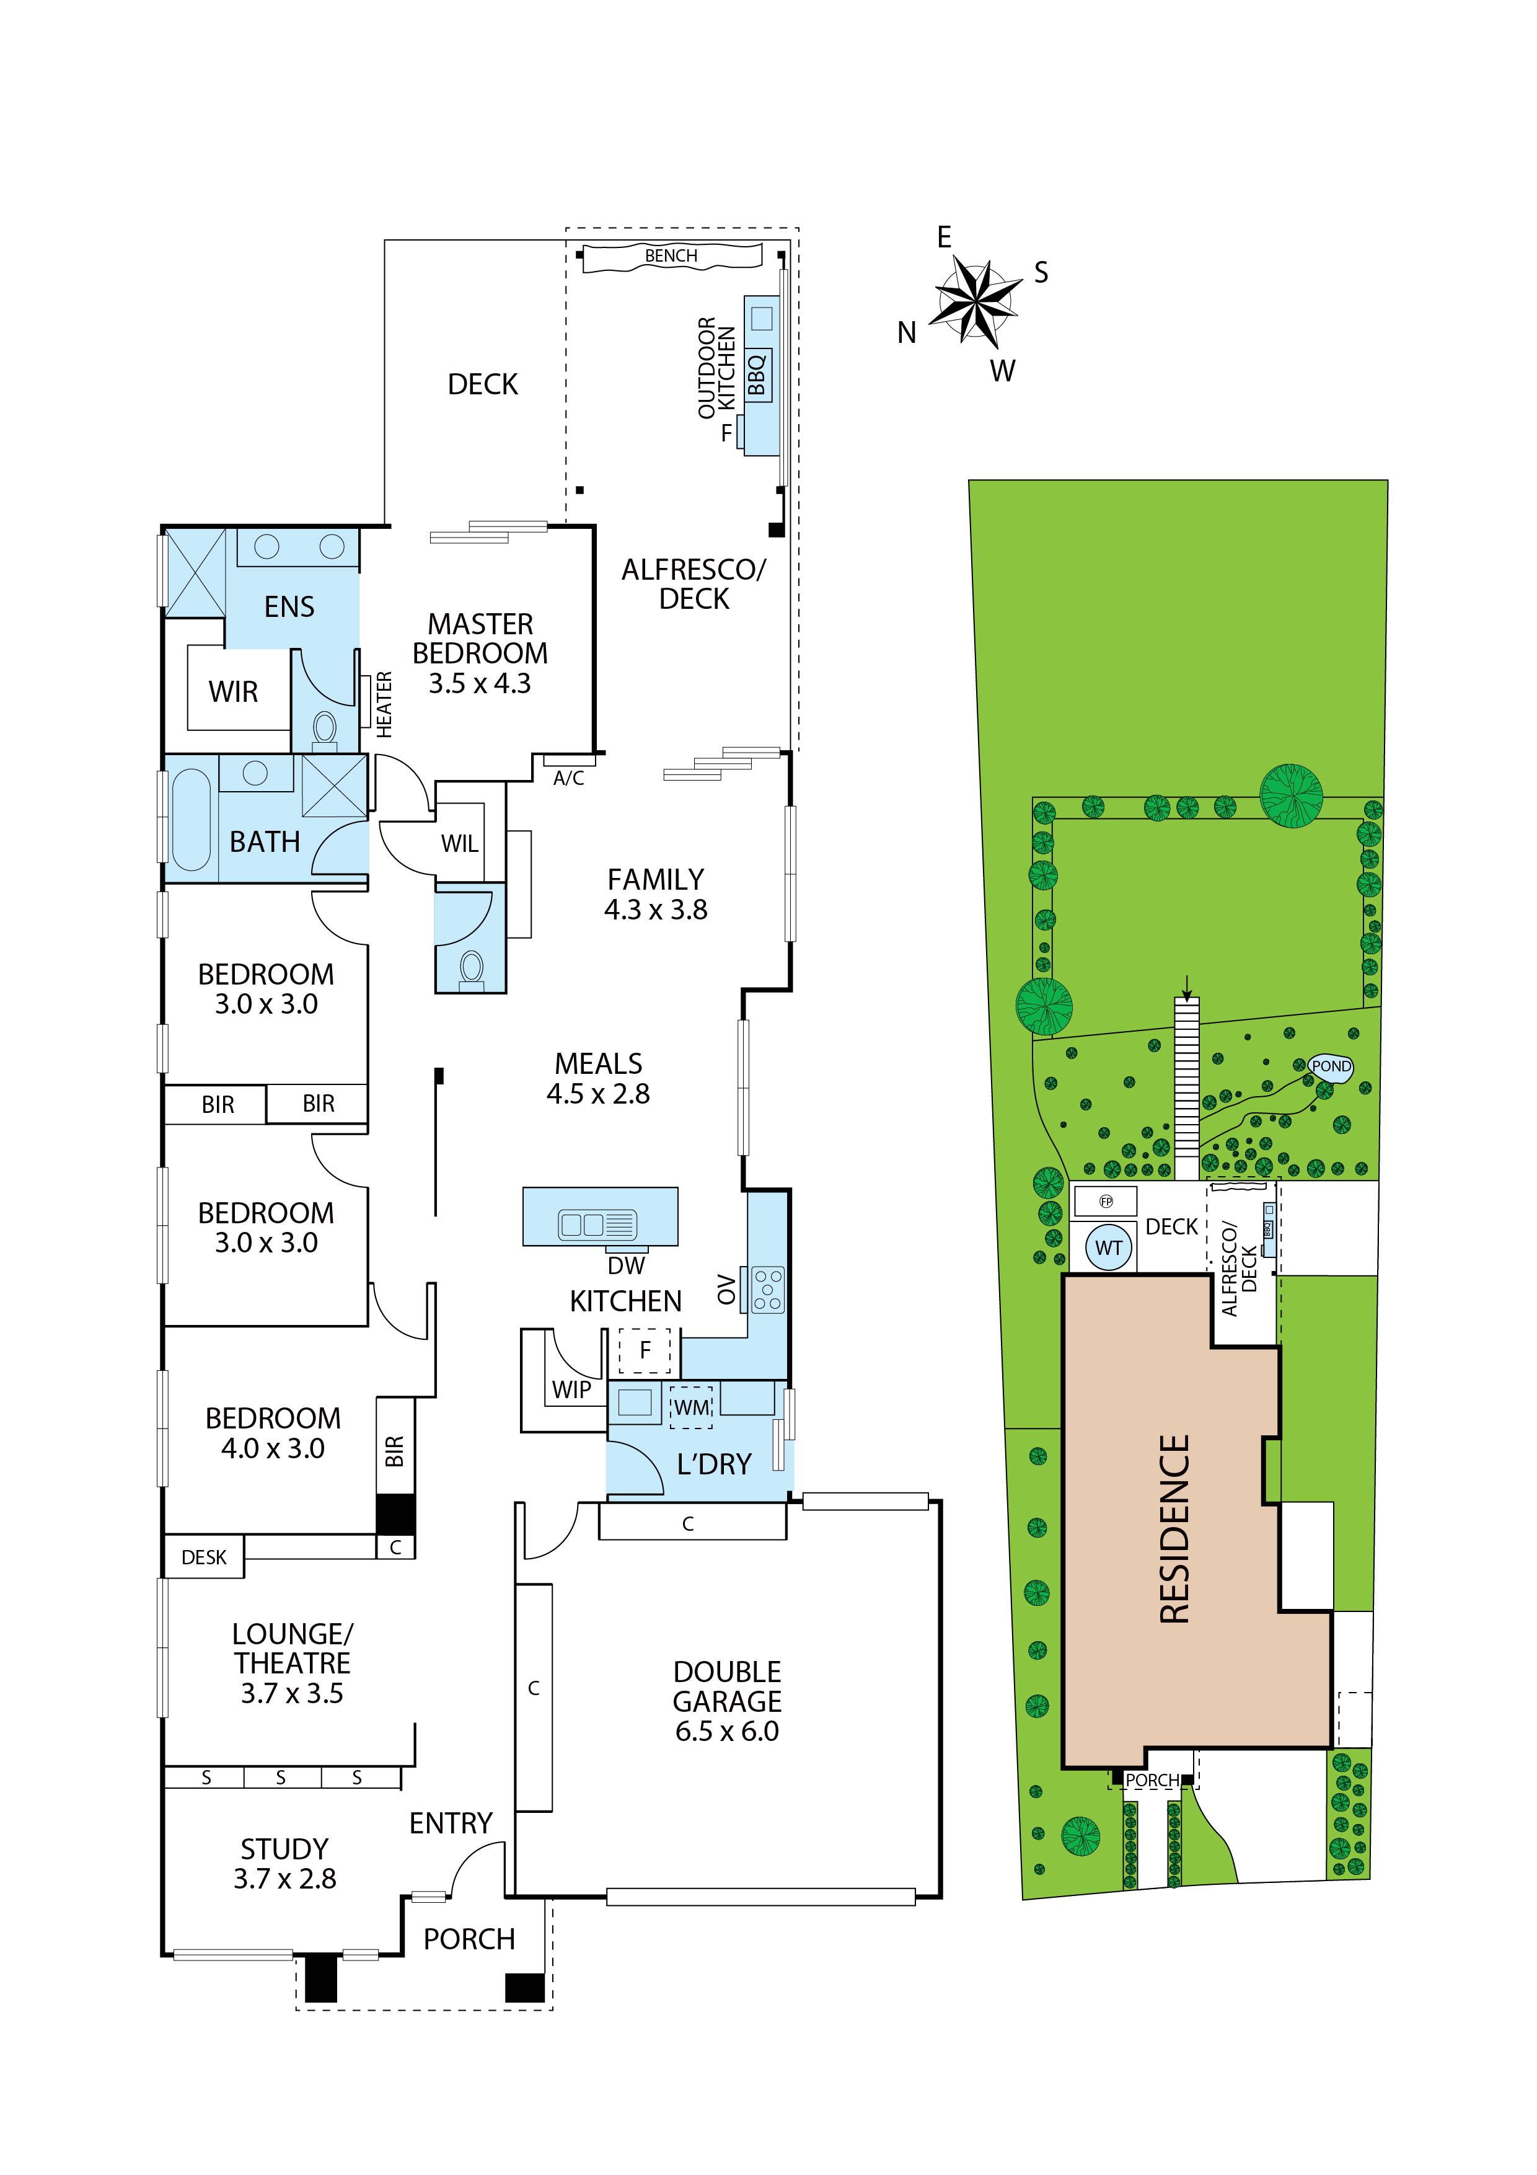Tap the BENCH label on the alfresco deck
click(x=671, y=256)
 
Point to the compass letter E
click(x=944, y=237)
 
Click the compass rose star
click(x=975, y=302)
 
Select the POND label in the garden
click(x=1331, y=1066)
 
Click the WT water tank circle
click(x=1109, y=1247)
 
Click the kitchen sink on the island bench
click(x=597, y=1225)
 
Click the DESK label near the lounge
click(x=204, y=1557)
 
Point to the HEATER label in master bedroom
click(x=384, y=704)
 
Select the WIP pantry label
click(x=571, y=1389)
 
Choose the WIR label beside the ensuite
click(x=233, y=691)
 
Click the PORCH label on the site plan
click(x=1152, y=1780)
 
